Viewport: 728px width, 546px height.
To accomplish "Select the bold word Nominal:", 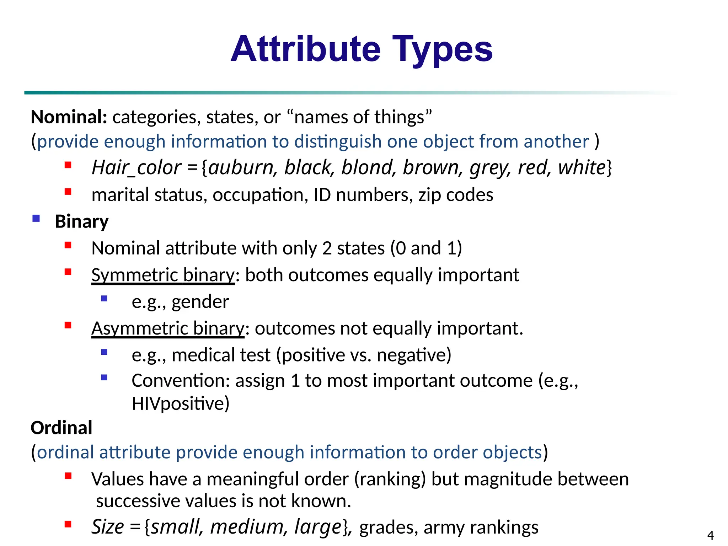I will pyautogui.click(x=69, y=117).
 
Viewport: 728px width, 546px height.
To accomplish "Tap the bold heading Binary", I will pyautogui.click(x=82, y=221).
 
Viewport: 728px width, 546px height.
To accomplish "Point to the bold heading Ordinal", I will pyautogui.click(x=61, y=427).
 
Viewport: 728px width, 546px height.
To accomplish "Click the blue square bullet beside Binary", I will pyautogui.click(x=36, y=218).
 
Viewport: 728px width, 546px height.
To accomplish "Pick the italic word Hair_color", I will pyautogui.click(x=136, y=167).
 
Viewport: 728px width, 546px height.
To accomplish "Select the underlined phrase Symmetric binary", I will pyautogui.click(x=163, y=275).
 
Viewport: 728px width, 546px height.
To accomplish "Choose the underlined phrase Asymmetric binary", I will pyautogui.click(x=168, y=328).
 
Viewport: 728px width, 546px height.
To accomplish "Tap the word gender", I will pyautogui.click(x=200, y=302).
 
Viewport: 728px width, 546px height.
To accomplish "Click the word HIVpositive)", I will pyautogui.click(x=181, y=403).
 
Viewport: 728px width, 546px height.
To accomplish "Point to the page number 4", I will pyautogui.click(x=710, y=535).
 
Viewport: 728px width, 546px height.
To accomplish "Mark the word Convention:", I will pyautogui.click(x=181, y=381).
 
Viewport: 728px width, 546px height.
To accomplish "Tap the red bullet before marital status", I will pyautogui.click(x=68, y=192).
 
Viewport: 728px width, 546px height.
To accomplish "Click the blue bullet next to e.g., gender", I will pyautogui.click(x=104, y=299).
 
